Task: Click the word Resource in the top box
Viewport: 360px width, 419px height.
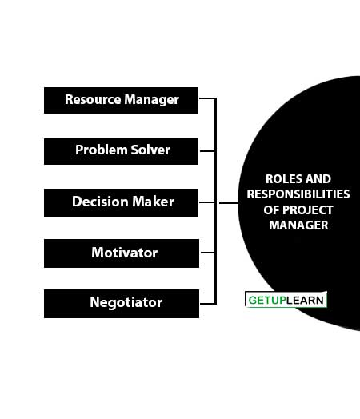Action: (x=93, y=99)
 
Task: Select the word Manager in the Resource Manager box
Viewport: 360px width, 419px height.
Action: (x=151, y=100)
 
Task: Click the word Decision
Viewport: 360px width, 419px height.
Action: (x=100, y=202)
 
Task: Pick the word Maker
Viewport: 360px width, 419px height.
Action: (x=153, y=202)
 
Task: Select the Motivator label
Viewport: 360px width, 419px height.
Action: (x=125, y=253)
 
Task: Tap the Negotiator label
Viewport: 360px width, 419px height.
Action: (x=126, y=303)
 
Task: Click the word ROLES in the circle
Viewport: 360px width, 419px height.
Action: (x=282, y=179)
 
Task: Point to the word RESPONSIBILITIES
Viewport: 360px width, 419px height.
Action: (x=298, y=194)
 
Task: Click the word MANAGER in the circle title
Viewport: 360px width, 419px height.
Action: (x=298, y=225)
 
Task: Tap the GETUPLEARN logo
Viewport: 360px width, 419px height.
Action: (x=286, y=300)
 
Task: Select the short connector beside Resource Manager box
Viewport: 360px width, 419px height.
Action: (x=207, y=98)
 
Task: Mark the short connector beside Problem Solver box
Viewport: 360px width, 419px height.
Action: (x=207, y=151)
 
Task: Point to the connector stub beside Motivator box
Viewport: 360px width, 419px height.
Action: (x=208, y=253)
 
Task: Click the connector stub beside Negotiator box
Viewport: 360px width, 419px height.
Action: (x=208, y=304)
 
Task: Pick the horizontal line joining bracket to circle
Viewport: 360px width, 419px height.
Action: (x=229, y=203)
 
